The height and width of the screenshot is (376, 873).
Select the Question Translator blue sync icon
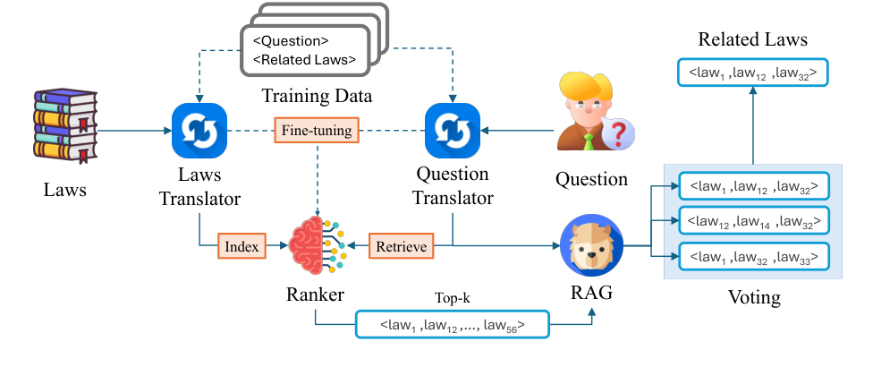(453, 130)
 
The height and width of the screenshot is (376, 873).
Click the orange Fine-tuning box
(316, 131)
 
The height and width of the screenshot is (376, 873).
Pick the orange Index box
(241, 244)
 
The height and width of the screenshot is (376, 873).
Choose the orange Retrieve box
(401, 244)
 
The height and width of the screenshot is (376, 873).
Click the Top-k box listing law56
(453, 324)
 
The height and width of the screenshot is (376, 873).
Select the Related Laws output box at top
(752, 70)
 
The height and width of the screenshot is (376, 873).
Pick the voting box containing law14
(752, 220)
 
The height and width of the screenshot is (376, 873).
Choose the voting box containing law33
(752, 257)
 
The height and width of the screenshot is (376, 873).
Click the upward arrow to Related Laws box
(752, 125)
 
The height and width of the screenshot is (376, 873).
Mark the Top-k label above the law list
(452, 297)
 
